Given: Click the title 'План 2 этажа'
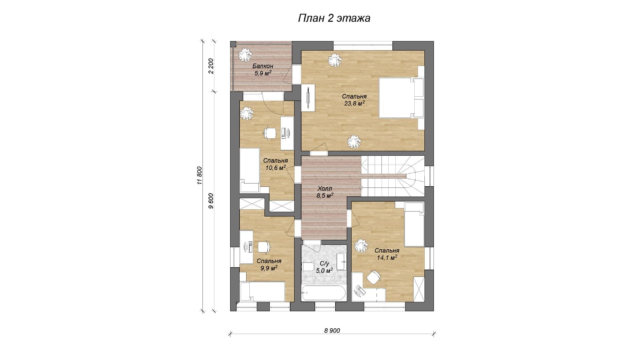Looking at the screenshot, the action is click(334, 18).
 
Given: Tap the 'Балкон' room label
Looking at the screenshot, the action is click(263, 66).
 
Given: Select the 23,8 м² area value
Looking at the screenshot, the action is click(354, 103).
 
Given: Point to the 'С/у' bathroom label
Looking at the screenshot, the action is click(324, 264).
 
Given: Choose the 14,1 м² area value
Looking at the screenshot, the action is click(387, 258).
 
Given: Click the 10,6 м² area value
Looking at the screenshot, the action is click(276, 168).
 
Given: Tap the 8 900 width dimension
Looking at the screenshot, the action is click(332, 330).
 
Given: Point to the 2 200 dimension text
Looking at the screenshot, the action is click(211, 66).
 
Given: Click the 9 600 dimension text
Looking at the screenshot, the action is click(211, 201).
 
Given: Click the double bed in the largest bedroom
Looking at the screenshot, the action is click(402, 98).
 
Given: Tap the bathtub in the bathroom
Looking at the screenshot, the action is click(323, 293).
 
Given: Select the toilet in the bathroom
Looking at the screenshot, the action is click(307, 267).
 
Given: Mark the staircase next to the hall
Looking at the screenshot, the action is click(393, 176).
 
